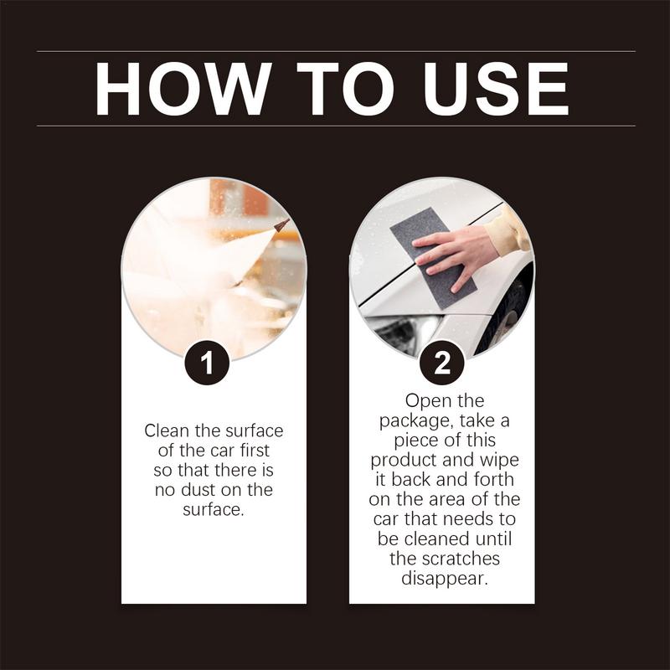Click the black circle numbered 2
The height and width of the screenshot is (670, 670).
(x=441, y=363)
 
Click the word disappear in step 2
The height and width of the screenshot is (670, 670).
(x=441, y=577)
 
